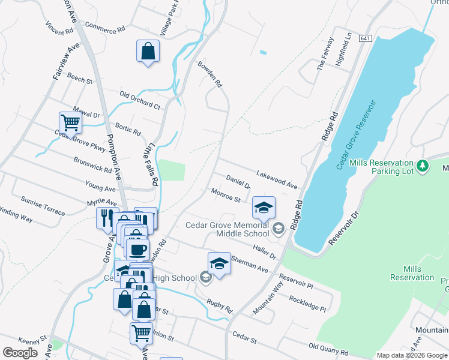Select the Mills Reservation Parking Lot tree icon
click(x=423, y=164)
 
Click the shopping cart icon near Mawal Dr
click(x=71, y=122)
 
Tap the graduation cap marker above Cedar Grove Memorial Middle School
click(x=264, y=208)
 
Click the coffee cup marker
click(x=137, y=248)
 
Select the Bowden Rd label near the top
click(x=210, y=74)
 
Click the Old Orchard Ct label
click(x=140, y=100)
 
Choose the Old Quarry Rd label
click(x=328, y=349)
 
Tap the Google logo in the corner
click(x=20, y=353)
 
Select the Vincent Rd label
click(x=59, y=28)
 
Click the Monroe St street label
click(x=226, y=195)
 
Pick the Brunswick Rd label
click(x=92, y=165)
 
